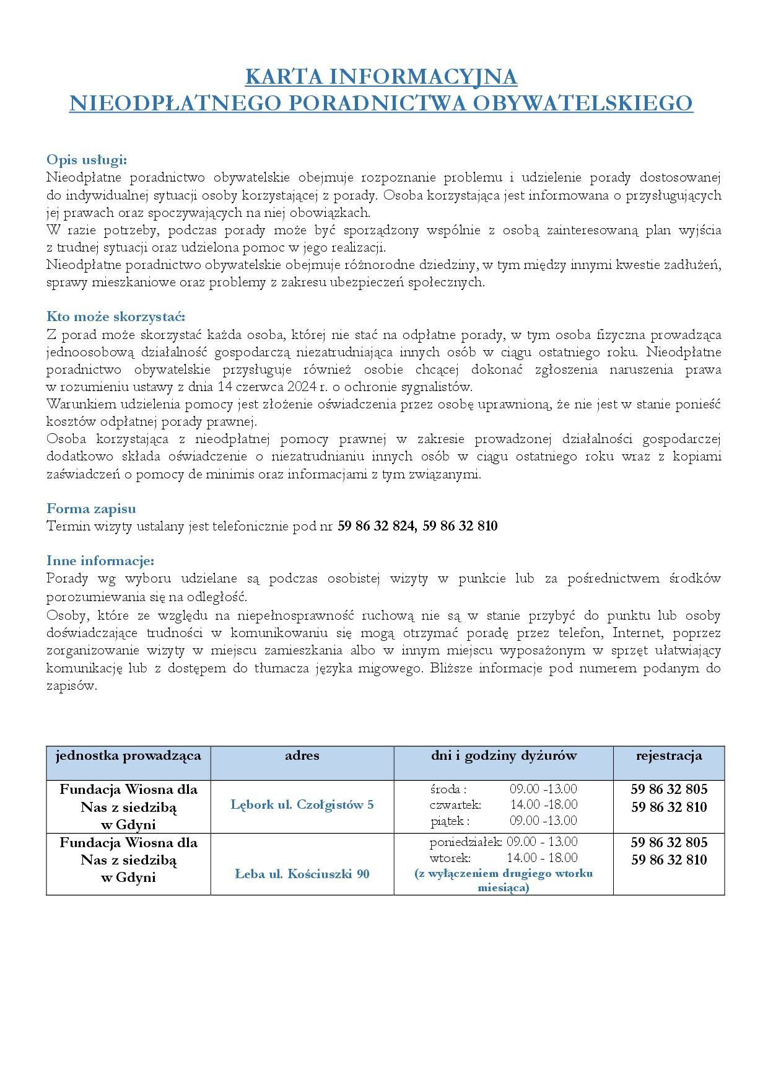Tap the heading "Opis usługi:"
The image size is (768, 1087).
point(87,160)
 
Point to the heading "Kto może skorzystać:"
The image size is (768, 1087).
point(116,317)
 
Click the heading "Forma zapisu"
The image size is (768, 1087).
point(91,509)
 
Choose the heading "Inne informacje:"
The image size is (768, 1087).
point(100,561)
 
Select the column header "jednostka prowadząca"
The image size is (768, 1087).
point(128,755)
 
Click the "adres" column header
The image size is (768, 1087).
point(302,755)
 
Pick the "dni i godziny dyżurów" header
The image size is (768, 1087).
point(504,755)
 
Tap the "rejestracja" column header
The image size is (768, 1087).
point(669,755)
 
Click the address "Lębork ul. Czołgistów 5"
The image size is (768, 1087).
point(302,805)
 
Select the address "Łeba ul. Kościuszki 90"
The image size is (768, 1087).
point(302,874)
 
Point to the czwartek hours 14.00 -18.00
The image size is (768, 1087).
point(544,804)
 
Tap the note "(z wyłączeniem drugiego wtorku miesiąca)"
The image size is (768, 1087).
point(504,881)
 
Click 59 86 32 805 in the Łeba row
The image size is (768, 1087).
point(669,842)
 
